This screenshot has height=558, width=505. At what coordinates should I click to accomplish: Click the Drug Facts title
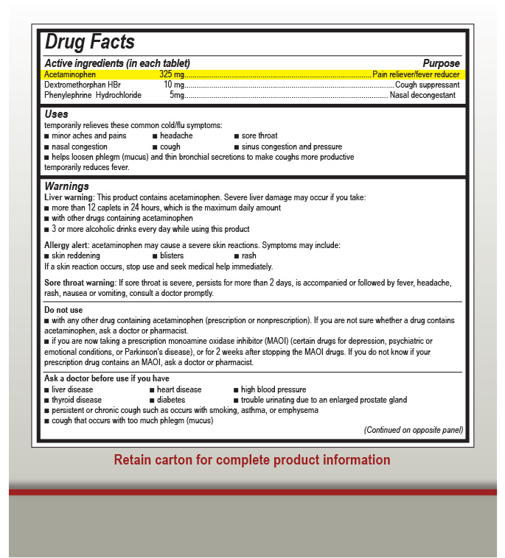click(89, 43)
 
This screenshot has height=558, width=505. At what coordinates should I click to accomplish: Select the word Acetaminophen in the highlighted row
click(70, 74)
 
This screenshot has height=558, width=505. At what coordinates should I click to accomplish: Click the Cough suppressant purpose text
click(427, 85)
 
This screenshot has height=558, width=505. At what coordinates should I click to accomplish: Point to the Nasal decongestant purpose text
click(422, 95)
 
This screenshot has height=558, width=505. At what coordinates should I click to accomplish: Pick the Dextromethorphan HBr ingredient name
click(82, 85)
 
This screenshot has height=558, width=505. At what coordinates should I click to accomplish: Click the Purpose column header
click(441, 63)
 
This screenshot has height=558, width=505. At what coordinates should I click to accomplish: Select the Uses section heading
click(56, 114)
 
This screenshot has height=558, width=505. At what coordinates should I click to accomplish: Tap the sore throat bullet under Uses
click(260, 135)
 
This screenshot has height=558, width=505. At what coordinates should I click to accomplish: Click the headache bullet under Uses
click(176, 135)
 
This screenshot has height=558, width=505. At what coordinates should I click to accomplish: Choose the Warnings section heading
click(66, 186)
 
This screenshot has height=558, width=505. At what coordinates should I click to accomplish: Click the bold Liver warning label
click(69, 197)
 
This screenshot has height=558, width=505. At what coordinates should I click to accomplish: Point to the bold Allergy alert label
click(66, 243)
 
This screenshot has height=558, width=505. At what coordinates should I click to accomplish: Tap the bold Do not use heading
click(63, 310)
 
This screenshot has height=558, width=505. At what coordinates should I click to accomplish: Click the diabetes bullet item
click(171, 400)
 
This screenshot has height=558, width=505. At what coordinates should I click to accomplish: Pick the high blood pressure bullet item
click(273, 389)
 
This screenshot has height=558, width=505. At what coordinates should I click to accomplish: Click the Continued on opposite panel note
click(413, 430)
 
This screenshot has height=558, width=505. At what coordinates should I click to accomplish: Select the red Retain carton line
click(252, 460)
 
